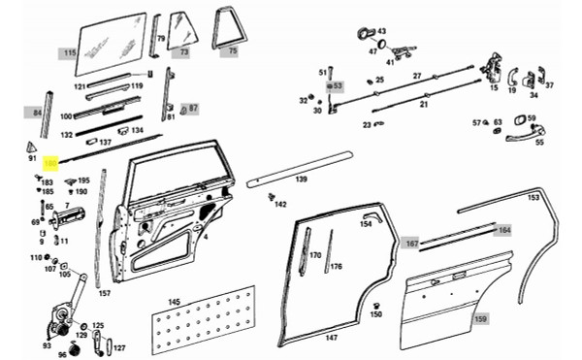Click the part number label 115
(69, 52)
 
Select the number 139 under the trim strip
(302, 180)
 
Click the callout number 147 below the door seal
(331, 338)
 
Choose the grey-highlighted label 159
(480, 317)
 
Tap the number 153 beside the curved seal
(533, 198)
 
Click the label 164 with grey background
(503, 230)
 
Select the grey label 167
(411, 244)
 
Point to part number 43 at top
(381, 31)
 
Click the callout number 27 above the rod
(417, 76)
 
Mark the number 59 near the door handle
(532, 118)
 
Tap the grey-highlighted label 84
(38, 114)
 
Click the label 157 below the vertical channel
(105, 293)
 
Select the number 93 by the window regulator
(47, 345)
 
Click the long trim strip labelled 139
(300, 167)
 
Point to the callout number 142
(280, 205)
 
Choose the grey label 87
(193, 108)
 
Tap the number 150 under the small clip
(376, 314)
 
